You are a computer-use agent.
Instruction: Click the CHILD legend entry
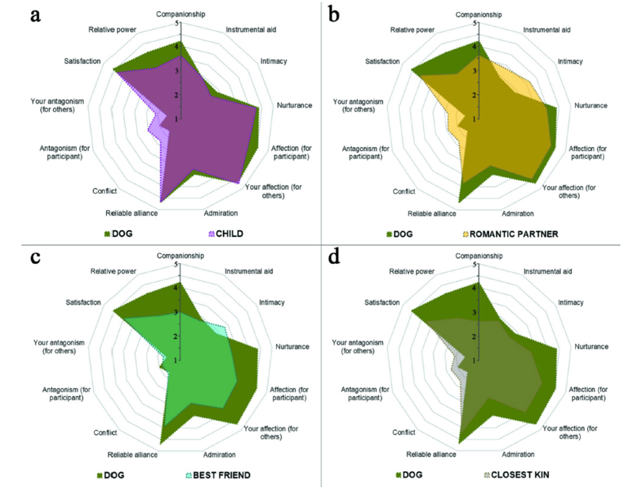pyautogui.click(x=229, y=235)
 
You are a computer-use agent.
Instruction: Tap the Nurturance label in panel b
pyautogui.click(x=590, y=106)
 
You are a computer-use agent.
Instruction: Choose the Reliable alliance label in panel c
pyautogui.click(x=132, y=455)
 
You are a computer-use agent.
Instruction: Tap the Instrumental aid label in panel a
pyautogui.click(x=247, y=30)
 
